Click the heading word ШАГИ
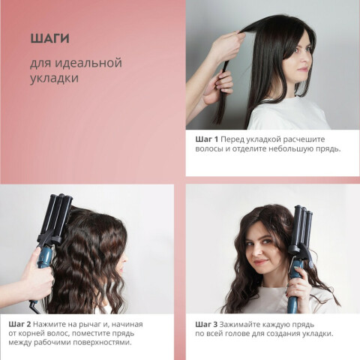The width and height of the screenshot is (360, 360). pyautogui.click(x=49, y=38)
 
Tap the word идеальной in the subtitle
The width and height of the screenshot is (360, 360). pyautogui.click(x=88, y=63)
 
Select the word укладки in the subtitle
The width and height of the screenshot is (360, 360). pyautogui.click(x=54, y=78)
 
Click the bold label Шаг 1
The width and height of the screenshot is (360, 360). pyautogui.click(x=207, y=139)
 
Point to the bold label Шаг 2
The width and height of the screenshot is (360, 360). pyautogui.click(x=19, y=324)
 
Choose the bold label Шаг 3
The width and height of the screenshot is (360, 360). pyautogui.click(x=206, y=324)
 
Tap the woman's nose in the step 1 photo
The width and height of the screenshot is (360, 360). pyautogui.click(x=308, y=59)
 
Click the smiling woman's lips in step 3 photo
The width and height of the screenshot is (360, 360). pyautogui.click(x=262, y=262)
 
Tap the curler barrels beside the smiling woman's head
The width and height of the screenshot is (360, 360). pyautogui.click(x=303, y=226)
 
